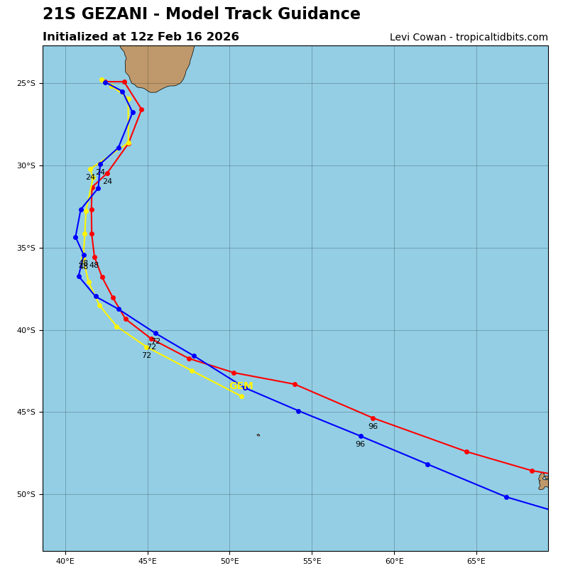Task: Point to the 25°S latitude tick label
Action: pyautogui.click(x=26, y=84)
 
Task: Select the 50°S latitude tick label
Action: pyautogui.click(x=26, y=495)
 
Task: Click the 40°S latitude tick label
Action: pyautogui.click(x=26, y=330)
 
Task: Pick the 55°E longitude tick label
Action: pyautogui.click(x=312, y=562)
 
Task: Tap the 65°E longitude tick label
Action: pyautogui.click(x=476, y=562)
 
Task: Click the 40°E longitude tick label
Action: pyautogui.click(x=65, y=562)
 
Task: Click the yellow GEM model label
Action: pyautogui.click(x=241, y=386)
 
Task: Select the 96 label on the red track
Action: pyautogui.click(x=373, y=427)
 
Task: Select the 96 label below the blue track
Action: pyautogui.click(x=360, y=444)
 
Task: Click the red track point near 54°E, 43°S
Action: pyautogui.click(x=295, y=384)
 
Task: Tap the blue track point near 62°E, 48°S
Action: pyautogui.click(x=427, y=464)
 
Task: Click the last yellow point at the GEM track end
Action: pyautogui.click(x=241, y=396)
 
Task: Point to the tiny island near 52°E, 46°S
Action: pyautogui.click(x=258, y=435)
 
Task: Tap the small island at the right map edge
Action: pyautogui.click(x=543, y=481)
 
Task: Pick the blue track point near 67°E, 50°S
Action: pyautogui.click(x=506, y=497)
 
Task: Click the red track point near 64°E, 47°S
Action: pyautogui.click(x=466, y=452)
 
